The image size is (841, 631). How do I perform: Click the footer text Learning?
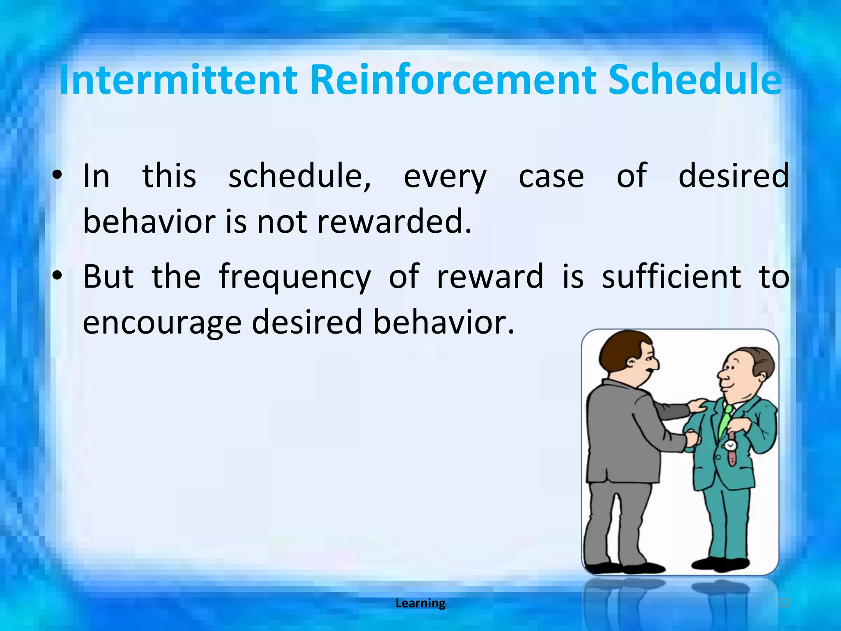[420, 603]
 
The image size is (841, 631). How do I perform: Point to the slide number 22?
[784, 603]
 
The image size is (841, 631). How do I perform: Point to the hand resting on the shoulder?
[698, 406]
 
